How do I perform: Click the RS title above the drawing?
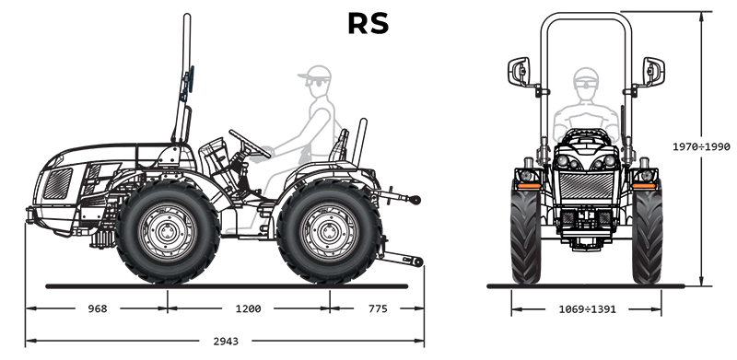point(368,24)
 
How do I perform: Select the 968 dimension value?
point(98,308)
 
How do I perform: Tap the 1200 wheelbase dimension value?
point(248,308)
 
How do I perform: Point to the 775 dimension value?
point(378,308)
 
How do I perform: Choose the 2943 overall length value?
point(226,342)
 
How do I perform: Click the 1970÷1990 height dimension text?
point(701,146)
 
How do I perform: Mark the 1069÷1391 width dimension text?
point(587,309)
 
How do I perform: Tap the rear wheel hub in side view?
point(330,231)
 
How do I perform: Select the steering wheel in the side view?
point(250,144)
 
